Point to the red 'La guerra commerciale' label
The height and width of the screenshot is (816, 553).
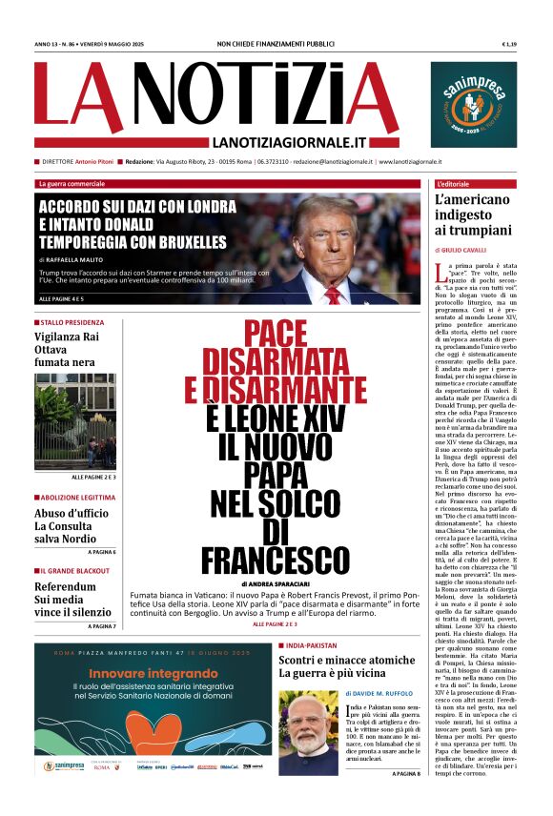click(x=72, y=183)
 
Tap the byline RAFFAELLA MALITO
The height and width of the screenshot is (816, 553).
click(x=85, y=260)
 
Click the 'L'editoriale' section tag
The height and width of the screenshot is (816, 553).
click(x=459, y=183)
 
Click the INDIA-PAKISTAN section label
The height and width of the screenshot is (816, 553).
click(x=310, y=645)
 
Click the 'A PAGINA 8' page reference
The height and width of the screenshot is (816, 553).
click(x=405, y=800)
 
